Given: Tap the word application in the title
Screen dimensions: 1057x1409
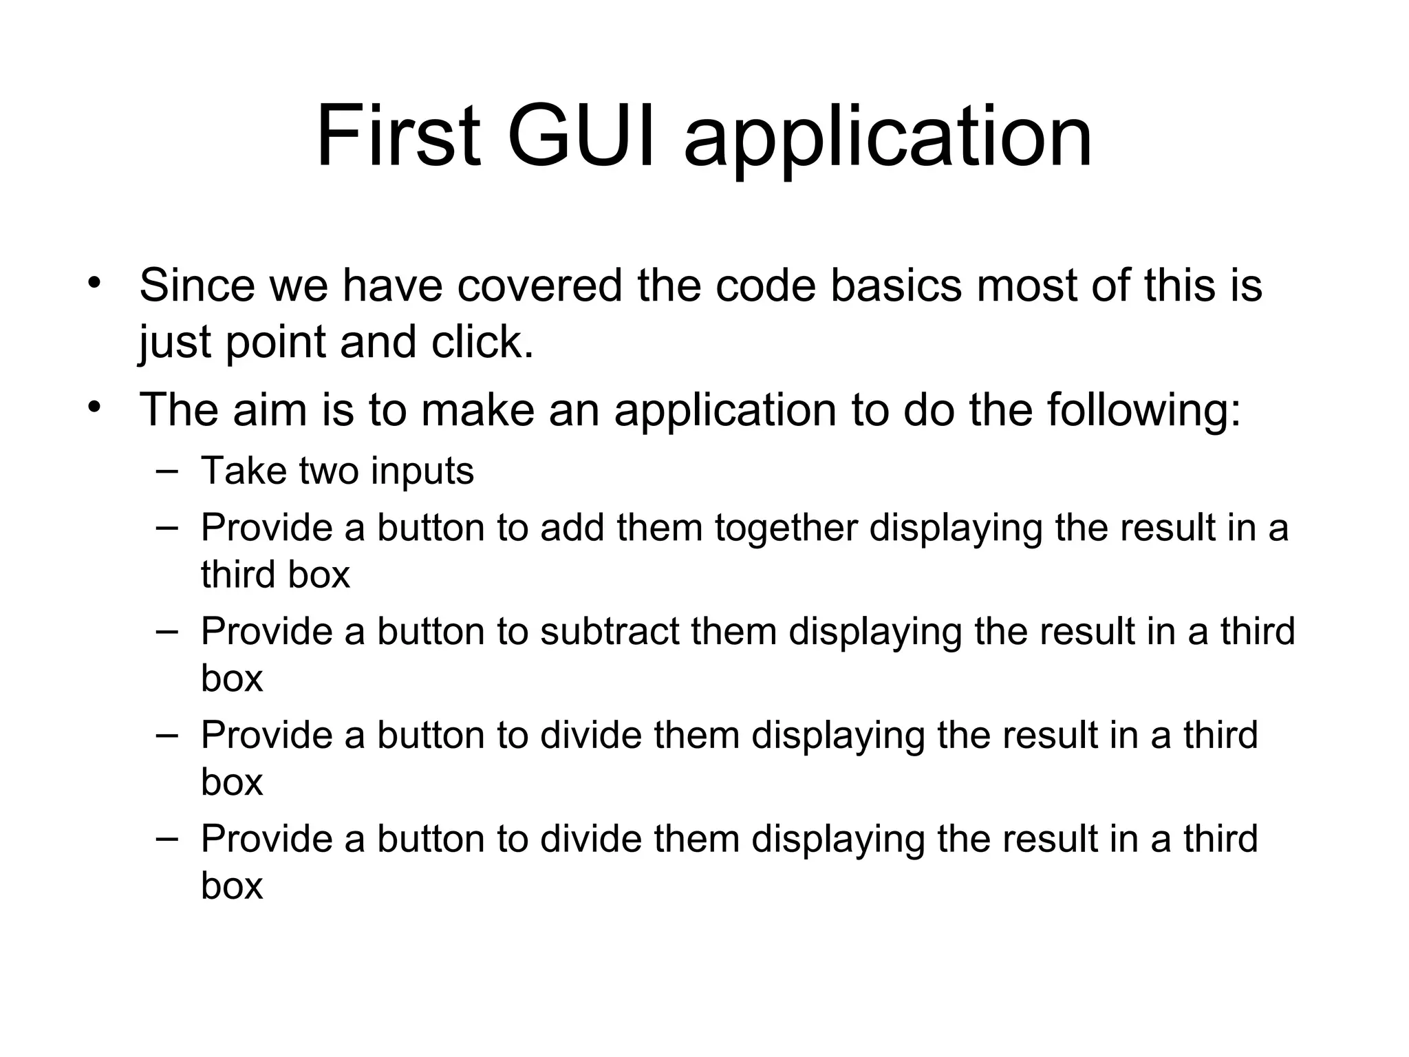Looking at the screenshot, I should pos(888,141).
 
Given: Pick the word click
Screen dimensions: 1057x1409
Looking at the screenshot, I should pos(482,342).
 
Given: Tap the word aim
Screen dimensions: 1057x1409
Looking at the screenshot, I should pos(269,409).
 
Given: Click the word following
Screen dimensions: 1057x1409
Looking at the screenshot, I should pos(1144,411).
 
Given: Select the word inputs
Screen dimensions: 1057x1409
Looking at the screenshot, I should pos(422,472).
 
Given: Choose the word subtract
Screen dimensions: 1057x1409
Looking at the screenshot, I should pos(610,631).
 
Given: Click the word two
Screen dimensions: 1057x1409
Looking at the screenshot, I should pos(329,471).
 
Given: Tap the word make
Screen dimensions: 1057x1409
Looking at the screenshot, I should pos(477,409).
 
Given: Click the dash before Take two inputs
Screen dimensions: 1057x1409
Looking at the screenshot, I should pos(166,471).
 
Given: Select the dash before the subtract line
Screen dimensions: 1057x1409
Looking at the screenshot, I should pos(166,630).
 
